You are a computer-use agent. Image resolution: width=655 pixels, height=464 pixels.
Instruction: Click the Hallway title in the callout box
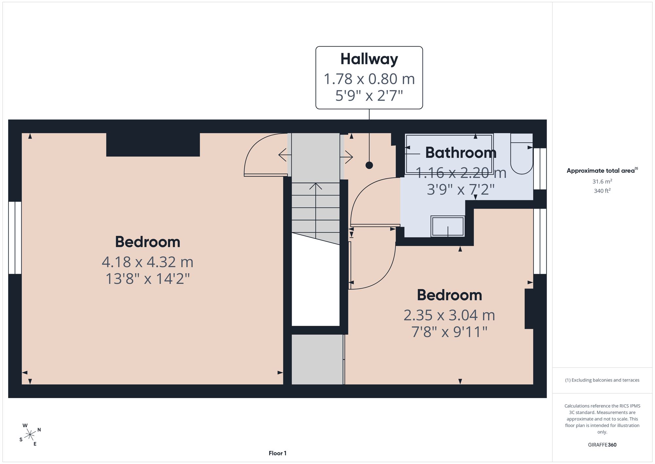tap(369, 59)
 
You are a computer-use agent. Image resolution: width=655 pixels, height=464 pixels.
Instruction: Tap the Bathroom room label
tap(461, 152)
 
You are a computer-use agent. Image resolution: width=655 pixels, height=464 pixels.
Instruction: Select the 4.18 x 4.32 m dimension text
tap(147, 262)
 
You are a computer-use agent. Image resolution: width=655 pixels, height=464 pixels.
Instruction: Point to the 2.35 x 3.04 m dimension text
tap(449, 315)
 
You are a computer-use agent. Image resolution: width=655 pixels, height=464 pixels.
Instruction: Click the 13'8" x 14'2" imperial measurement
tap(147, 279)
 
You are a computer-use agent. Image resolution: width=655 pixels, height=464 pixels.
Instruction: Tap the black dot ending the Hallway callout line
tap(369, 165)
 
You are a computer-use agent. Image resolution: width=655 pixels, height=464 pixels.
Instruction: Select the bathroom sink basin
tap(448, 226)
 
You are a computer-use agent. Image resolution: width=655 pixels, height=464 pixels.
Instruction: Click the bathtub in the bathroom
tap(449, 154)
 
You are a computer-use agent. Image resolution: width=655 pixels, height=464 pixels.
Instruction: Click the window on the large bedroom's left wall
tap(15, 238)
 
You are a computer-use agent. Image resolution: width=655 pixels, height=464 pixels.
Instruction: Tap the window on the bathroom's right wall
tap(540, 169)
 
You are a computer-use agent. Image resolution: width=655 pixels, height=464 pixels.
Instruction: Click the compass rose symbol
tap(30, 435)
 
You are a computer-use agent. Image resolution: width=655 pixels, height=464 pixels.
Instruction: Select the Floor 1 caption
tap(277, 453)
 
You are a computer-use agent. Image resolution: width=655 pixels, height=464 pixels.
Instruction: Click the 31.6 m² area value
tap(602, 181)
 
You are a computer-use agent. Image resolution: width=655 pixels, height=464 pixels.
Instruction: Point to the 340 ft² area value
tap(602, 191)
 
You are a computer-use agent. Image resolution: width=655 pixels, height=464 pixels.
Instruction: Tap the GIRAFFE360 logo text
tap(602, 445)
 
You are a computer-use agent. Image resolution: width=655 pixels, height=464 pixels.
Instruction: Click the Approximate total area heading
tap(602, 171)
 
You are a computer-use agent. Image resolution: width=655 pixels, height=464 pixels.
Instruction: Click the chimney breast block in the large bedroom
tap(153, 145)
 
